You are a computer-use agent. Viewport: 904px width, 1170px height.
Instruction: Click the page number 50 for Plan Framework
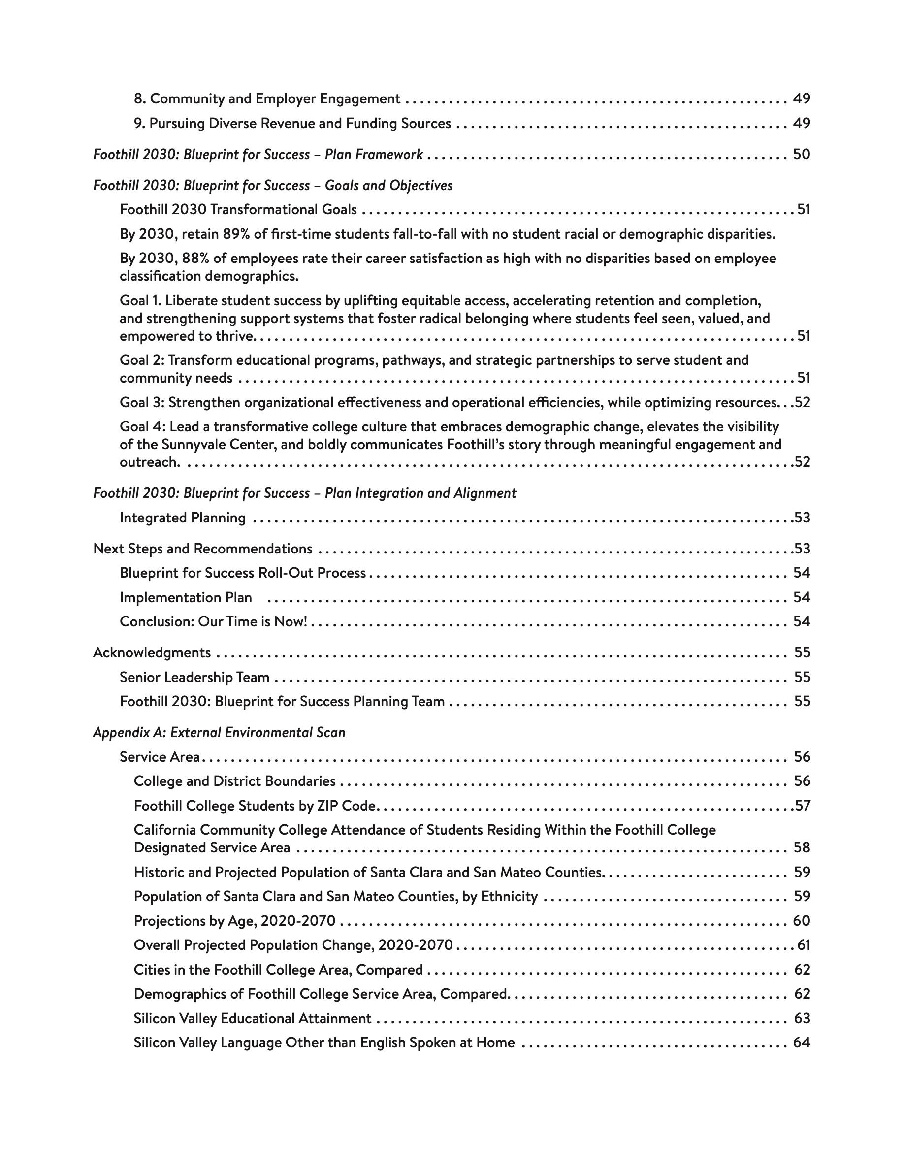(x=801, y=154)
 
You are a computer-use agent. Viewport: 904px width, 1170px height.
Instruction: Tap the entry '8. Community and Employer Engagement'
(x=267, y=98)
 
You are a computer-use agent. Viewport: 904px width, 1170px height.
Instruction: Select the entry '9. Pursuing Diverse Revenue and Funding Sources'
(x=292, y=123)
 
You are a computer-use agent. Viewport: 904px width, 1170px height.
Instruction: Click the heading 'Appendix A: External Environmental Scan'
(x=219, y=732)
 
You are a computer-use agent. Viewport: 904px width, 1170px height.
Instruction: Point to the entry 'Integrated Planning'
(x=183, y=518)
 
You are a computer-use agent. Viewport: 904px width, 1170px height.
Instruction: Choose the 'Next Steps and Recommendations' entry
(x=202, y=549)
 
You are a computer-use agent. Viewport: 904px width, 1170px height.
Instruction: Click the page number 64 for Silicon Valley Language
(x=801, y=1042)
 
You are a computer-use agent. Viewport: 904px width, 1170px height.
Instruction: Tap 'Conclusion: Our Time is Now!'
(x=213, y=621)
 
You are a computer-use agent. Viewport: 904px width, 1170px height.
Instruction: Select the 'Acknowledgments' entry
(x=152, y=652)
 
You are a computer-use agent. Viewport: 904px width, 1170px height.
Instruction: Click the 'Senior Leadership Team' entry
(x=194, y=677)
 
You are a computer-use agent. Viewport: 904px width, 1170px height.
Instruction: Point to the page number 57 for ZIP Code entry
(x=802, y=806)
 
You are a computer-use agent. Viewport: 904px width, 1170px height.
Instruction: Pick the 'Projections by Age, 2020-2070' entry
(x=234, y=921)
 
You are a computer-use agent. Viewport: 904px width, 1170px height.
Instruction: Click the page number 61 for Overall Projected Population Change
(x=804, y=945)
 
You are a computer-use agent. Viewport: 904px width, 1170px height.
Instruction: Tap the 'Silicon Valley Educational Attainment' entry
(x=252, y=1018)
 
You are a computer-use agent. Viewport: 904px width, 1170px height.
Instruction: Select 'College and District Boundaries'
(x=234, y=781)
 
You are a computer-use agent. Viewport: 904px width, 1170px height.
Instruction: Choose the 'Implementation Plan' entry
(x=186, y=597)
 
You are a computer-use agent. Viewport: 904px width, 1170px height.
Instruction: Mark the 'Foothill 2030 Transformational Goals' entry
(x=238, y=209)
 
